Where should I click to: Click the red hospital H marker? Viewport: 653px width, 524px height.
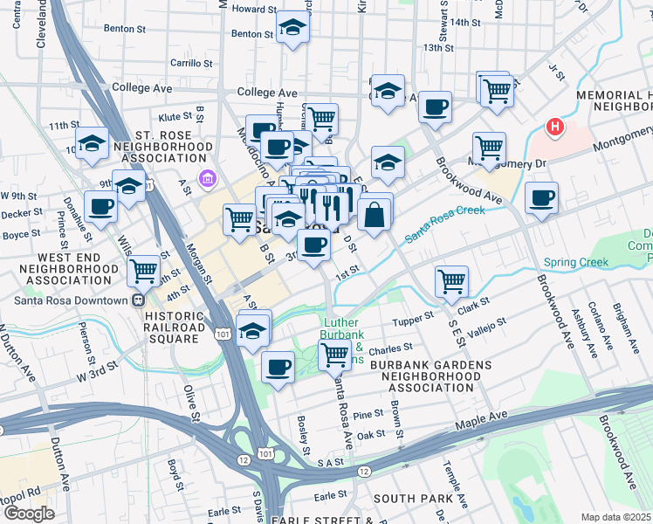[x=553, y=128]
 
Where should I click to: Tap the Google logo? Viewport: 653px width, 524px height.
[x=29, y=513]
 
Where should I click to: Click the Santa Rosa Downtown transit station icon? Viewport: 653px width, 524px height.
[x=138, y=300]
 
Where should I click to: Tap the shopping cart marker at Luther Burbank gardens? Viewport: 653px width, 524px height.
[x=334, y=355]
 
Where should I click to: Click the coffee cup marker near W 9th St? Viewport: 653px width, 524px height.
[x=101, y=207]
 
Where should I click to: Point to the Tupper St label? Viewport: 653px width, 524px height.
[x=416, y=314]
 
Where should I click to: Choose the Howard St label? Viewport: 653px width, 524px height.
[x=254, y=10]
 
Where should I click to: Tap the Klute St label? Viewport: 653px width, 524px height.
[x=175, y=115]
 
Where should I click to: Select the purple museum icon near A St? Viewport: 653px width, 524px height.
[x=207, y=181]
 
